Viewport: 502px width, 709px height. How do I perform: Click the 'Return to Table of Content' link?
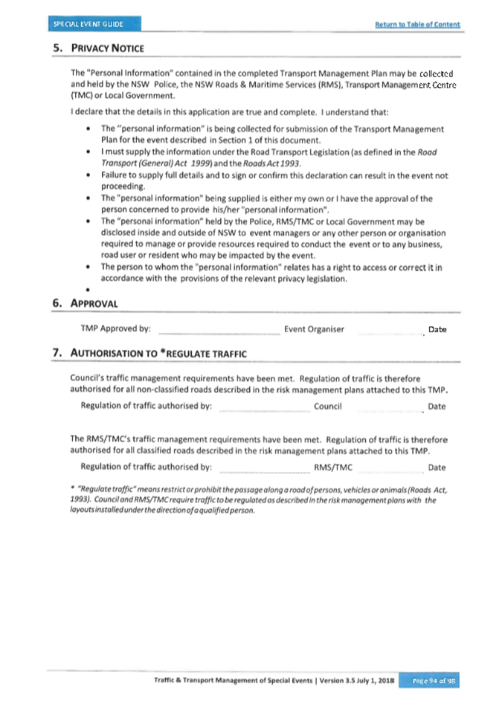417,25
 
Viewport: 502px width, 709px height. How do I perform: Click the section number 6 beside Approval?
57,303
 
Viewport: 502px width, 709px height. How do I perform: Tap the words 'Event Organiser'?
314,329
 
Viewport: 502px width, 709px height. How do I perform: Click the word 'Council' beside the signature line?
328,406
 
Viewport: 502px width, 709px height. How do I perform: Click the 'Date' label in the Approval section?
437,330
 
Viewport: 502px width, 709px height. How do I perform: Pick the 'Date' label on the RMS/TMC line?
437,467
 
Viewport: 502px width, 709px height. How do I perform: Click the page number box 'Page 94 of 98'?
432,680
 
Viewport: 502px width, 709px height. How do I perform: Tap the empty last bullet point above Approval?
89,291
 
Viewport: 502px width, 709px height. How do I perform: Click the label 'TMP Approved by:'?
115,329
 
